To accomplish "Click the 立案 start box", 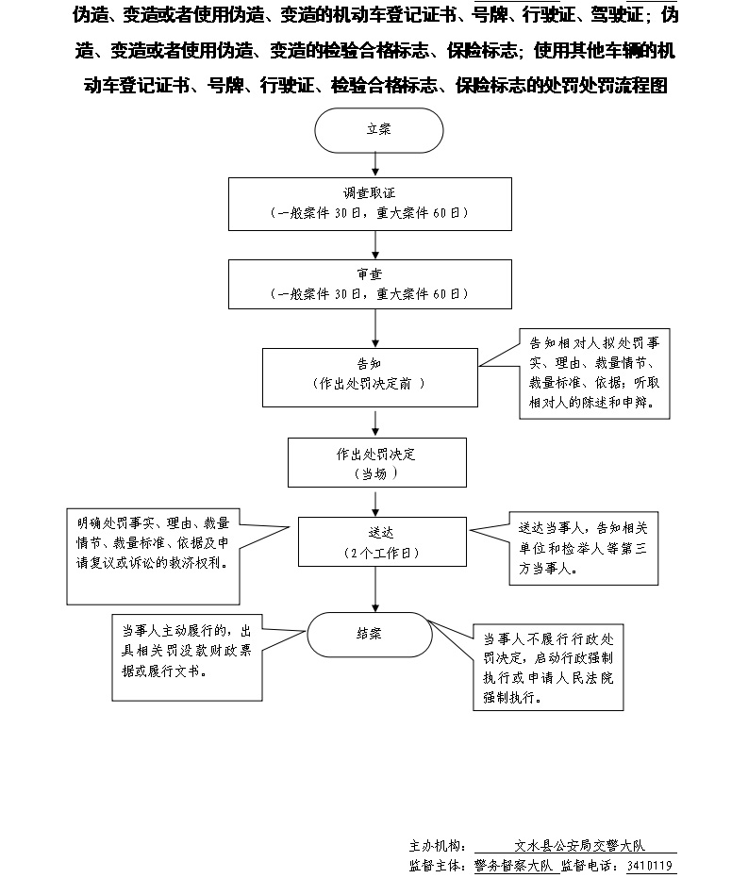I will [378, 130].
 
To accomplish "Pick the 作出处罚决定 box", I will [376, 463].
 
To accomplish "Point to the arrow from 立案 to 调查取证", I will [377, 164].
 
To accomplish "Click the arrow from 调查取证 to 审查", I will [377, 244].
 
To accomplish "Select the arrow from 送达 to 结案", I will [377, 588].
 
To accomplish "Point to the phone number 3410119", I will [651, 865].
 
